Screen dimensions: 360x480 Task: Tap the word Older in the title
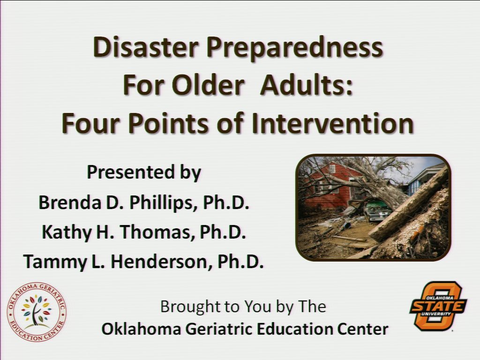click(x=207, y=86)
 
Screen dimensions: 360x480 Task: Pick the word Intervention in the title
click(x=332, y=123)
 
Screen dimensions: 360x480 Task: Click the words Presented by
click(x=143, y=172)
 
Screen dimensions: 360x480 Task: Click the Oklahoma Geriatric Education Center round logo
click(x=37, y=312)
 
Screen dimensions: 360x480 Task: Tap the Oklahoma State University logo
click(x=438, y=306)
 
